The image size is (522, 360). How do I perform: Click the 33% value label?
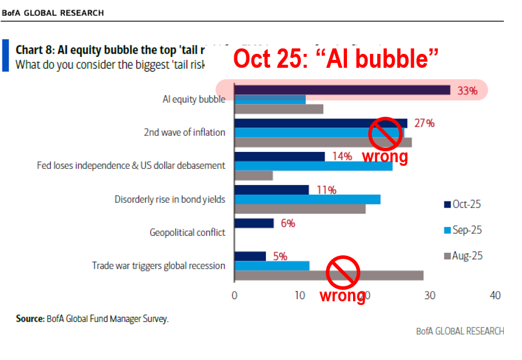point(467,91)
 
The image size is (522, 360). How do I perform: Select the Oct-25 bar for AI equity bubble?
point(342,90)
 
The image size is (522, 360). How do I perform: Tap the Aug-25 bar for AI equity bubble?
point(279,109)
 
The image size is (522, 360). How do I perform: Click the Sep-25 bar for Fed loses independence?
point(313,166)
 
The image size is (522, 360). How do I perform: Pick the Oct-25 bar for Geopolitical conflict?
point(254,223)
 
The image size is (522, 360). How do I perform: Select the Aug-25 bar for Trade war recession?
point(328,275)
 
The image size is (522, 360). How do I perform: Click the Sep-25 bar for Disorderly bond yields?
point(307,199)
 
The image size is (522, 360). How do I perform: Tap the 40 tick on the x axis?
point(495,296)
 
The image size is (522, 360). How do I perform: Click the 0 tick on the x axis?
point(234,296)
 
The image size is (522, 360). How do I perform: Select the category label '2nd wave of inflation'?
point(184,133)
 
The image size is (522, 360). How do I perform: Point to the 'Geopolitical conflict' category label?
point(187,232)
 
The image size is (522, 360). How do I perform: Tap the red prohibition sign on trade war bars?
point(343,272)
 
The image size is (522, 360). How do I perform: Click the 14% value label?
point(342,156)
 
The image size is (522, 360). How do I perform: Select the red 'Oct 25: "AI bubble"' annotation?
point(336,59)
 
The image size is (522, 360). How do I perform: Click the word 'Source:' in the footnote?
point(30,319)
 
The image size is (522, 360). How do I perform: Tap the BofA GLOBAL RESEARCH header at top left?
point(53,13)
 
